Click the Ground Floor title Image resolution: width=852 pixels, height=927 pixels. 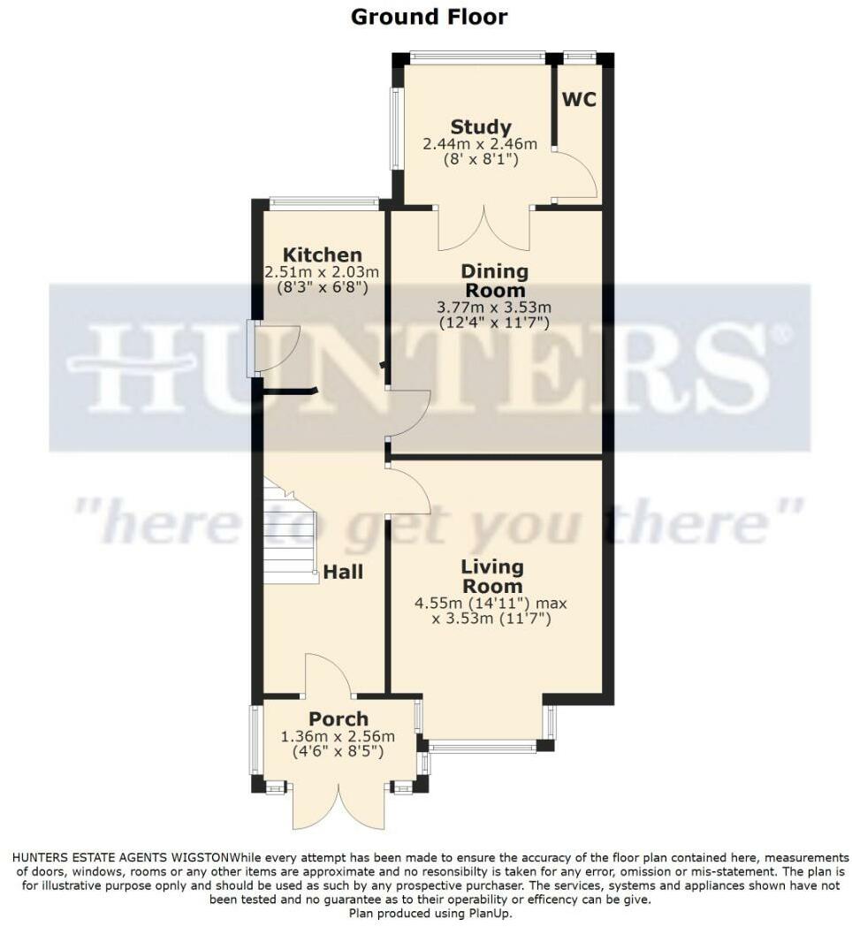tap(430, 16)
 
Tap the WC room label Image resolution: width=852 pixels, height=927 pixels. tap(579, 99)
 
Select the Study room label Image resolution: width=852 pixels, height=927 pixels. tap(480, 127)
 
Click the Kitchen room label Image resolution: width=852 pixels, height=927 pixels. tap(322, 255)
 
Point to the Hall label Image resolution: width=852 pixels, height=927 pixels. tap(342, 572)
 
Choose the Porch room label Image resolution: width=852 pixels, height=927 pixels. tap(339, 718)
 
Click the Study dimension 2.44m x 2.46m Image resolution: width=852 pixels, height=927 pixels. tap(480, 144)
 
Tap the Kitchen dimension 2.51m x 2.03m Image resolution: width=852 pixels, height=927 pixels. tap(322, 271)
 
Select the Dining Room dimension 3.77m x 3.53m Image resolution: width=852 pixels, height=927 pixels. tap(494, 307)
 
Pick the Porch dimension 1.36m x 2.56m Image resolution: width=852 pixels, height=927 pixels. tap(338, 736)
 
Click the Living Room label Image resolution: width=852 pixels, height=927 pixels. tap(492, 575)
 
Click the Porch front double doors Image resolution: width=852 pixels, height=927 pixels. tap(339, 804)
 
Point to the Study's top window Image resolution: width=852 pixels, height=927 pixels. tap(477, 57)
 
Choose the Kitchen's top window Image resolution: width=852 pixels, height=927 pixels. tap(323, 202)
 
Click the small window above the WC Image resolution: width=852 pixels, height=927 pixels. tap(580, 57)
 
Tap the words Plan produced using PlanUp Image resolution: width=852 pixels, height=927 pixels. tap(430, 913)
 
